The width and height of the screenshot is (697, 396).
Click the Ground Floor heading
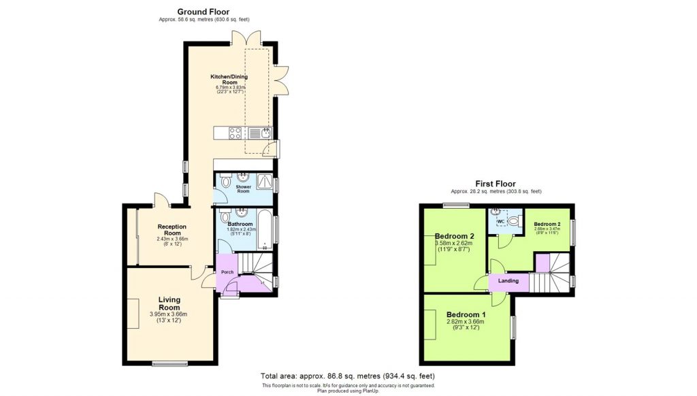coord(203,12)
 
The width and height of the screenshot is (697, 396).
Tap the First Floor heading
coord(496,184)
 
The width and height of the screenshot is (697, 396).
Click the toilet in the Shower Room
coord(223,182)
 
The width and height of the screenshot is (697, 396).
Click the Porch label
coord(227,272)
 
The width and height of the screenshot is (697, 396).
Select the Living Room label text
coord(169,303)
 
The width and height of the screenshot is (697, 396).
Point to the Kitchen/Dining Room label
coord(229,80)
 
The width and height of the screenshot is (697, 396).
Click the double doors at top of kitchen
coord(246,37)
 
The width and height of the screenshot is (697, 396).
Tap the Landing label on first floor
coord(508,280)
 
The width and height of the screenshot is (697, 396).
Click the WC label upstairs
coord(500,222)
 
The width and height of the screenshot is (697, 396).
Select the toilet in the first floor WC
coord(513,220)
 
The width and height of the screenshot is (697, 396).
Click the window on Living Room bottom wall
coord(161,363)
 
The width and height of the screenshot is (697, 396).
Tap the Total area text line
coord(348,376)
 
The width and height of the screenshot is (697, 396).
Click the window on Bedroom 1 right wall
coord(513,327)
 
